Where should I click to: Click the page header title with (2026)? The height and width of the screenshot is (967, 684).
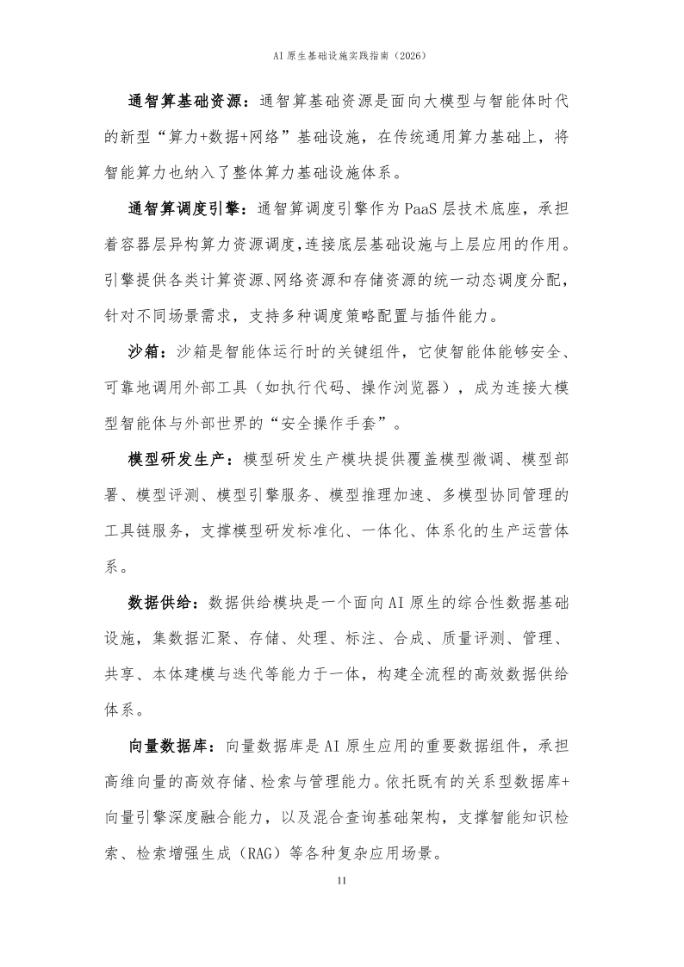342,55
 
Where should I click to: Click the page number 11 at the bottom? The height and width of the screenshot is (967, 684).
342,880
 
